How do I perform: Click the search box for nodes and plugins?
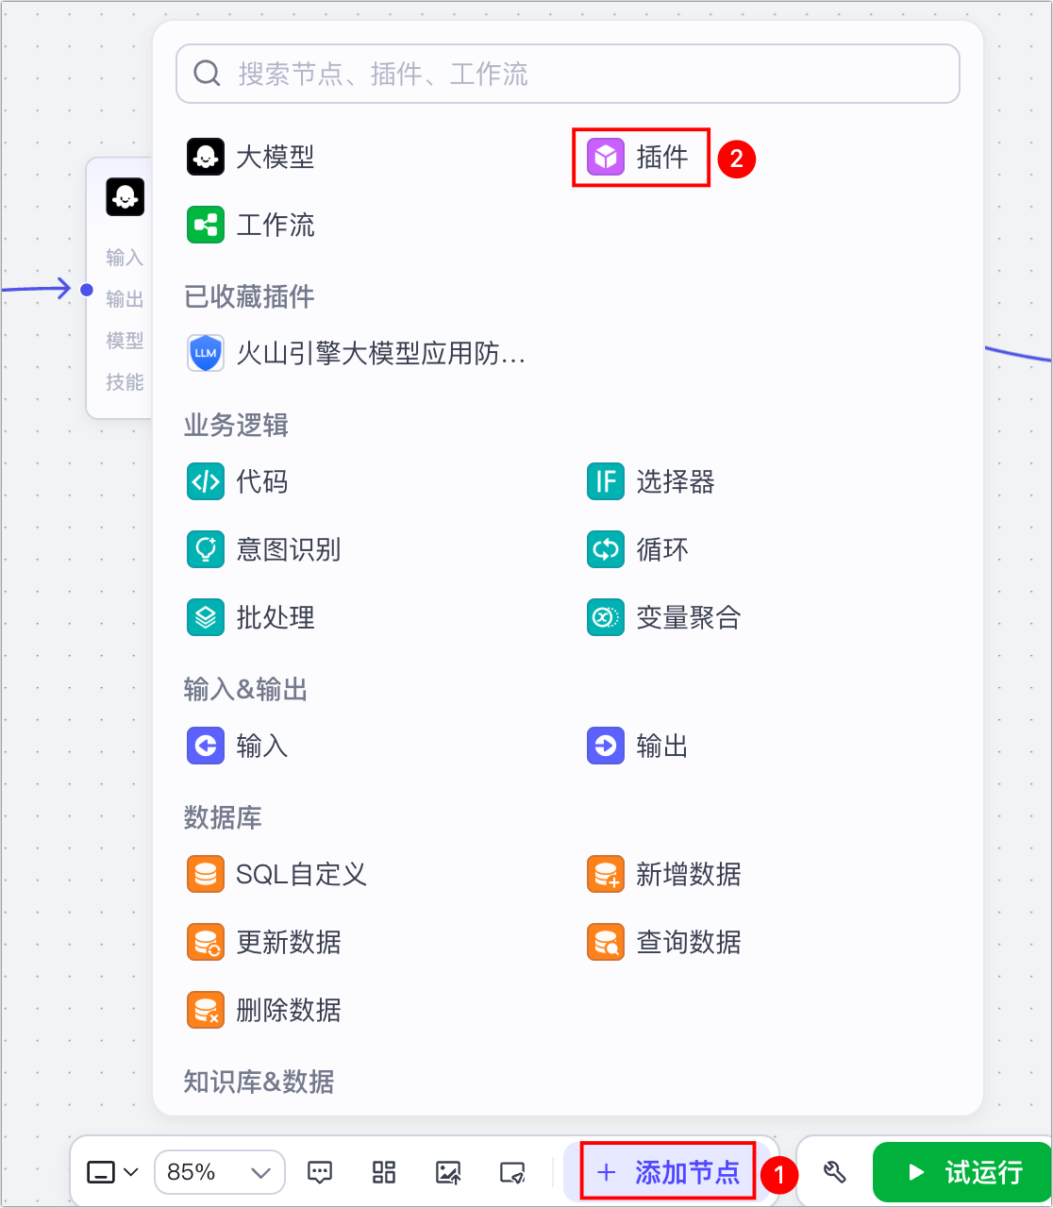pos(566,74)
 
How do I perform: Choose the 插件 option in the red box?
pos(642,157)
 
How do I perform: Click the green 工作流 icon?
pos(206,226)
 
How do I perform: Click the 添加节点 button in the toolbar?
pos(668,1172)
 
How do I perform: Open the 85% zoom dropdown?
pos(220,1172)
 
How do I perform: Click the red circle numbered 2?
pos(737,159)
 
